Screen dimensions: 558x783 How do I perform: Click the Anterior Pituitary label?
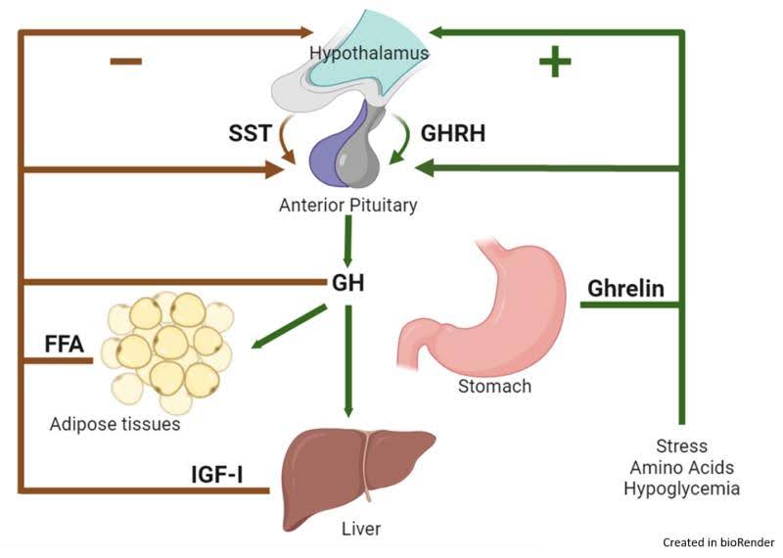click(347, 206)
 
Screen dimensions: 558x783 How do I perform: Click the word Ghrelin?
click(625, 289)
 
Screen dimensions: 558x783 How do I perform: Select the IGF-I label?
click(217, 477)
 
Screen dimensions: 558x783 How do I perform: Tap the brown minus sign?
click(126, 61)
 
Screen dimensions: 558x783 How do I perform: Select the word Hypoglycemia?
click(681, 488)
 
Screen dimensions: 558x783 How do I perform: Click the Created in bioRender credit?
click(718, 541)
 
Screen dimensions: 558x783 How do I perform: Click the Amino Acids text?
click(681, 467)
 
